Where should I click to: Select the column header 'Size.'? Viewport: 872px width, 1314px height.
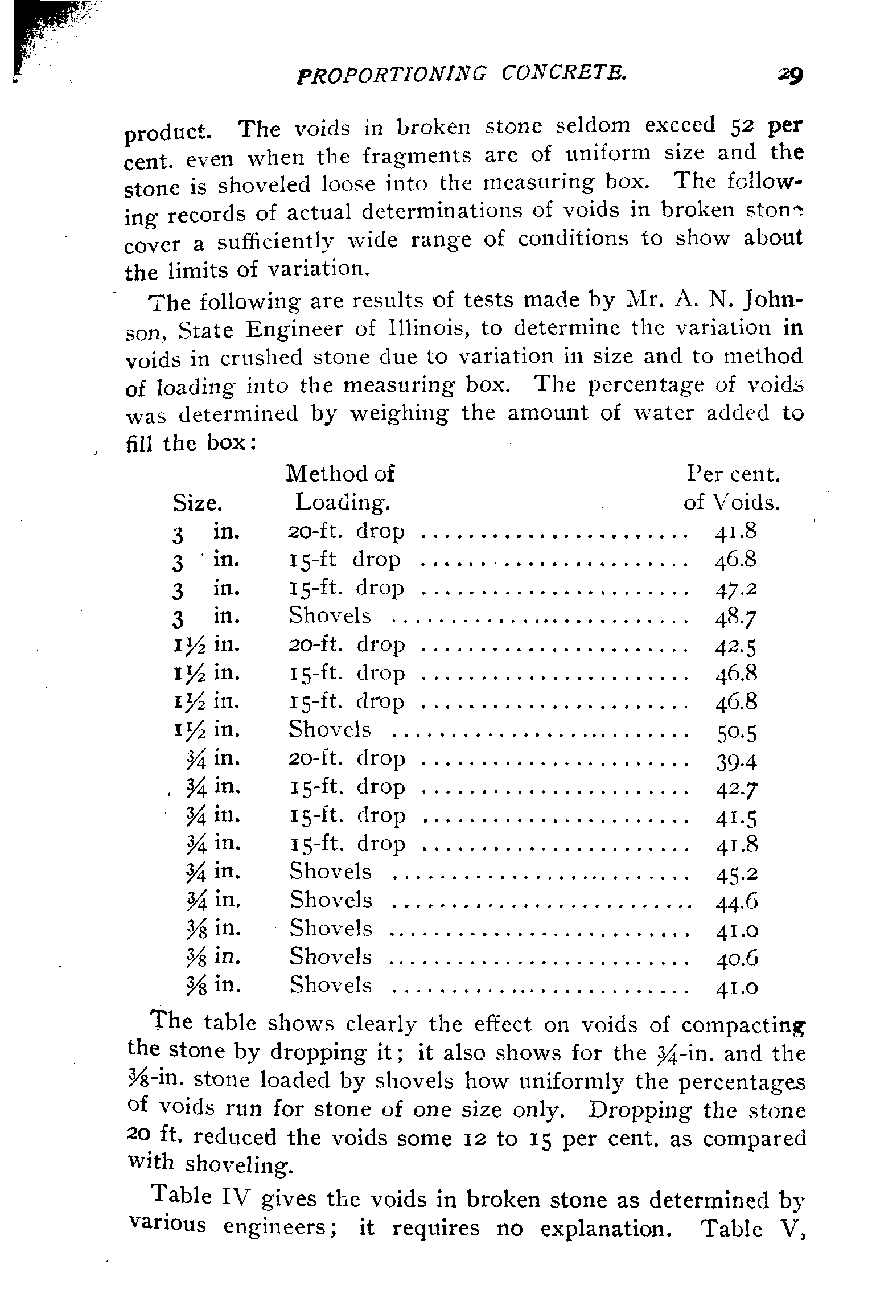(x=197, y=503)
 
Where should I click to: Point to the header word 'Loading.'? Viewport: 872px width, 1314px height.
(x=343, y=502)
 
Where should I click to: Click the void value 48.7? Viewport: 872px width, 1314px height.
(x=735, y=617)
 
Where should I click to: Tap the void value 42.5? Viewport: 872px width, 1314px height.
(x=735, y=646)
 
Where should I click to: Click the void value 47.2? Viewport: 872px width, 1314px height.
(x=735, y=589)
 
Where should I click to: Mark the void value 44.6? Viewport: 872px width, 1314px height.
(x=735, y=902)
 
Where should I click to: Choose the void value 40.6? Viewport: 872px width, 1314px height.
(x=735, y=959)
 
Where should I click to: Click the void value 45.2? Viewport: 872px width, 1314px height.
(x=735, y=874)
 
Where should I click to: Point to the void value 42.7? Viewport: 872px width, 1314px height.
(x=735, y=789)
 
